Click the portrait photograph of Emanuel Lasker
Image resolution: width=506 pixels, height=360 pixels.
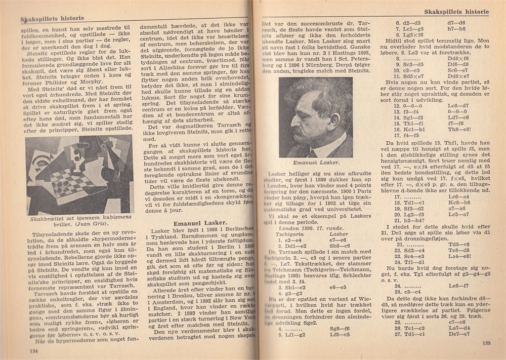[315, 117]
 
